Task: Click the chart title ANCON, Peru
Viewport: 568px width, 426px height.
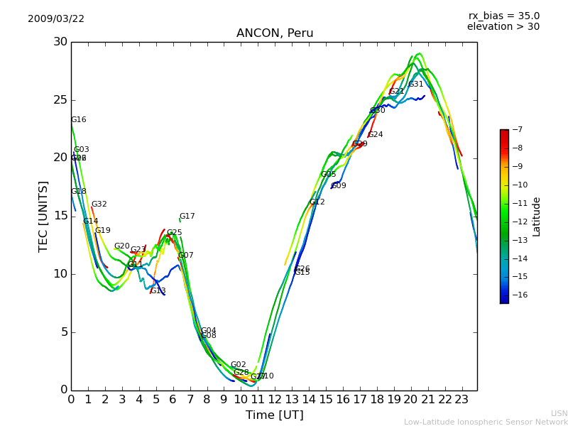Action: pos(275,33)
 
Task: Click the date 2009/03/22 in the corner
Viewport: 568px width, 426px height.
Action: pos(56,19)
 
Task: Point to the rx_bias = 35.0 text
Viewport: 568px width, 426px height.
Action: pos(503,16)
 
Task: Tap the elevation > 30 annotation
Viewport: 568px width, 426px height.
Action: pos(503,27)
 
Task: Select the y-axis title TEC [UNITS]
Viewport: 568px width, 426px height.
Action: pos(44,216)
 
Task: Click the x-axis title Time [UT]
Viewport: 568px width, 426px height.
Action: pos(274,415)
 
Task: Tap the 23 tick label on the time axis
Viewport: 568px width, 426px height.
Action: pos(461,400)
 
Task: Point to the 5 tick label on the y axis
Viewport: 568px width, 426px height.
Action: pos(62,332)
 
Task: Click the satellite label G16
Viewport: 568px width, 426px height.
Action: pos(79,120)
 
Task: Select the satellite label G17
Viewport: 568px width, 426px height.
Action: pos(187,217)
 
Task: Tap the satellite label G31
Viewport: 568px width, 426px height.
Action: pos(415,84)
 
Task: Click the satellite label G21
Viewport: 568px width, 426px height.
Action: pos(396,92)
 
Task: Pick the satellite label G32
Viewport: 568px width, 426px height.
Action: pos(99,204)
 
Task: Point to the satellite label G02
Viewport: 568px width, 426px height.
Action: pos(238,365)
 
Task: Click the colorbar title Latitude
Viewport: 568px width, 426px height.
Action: pos(537,217)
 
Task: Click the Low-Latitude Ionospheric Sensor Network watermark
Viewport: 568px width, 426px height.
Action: pos(486,422)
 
